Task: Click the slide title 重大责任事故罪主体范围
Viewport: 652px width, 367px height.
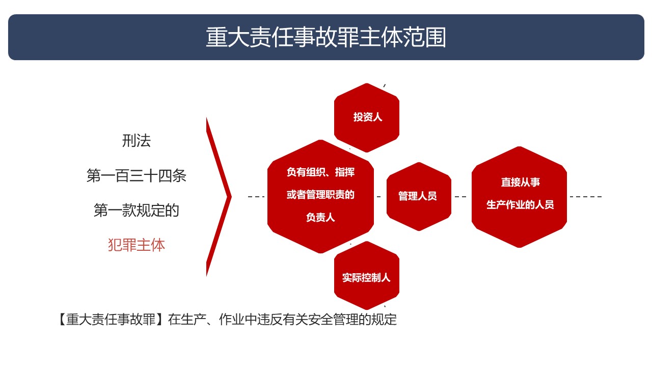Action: click(x=326, y=37)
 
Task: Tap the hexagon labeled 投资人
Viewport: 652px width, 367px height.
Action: click(x=367, y=118)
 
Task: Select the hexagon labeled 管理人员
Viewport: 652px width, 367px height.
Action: click(x=419, y=196)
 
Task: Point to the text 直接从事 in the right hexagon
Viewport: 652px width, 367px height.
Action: click(x=521, y=182)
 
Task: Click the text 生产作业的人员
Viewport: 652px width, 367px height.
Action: click(x=520, y=204)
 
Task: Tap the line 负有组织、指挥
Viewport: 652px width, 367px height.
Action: click(x=320, y=172)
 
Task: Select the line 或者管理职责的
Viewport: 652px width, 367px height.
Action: click(x=320, y=195)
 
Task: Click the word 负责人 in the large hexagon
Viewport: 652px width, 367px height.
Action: click(x=320, y=217)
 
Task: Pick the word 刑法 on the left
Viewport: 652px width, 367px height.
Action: click(x=136, y=141)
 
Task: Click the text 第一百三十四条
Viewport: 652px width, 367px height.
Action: click(x=136, y=176)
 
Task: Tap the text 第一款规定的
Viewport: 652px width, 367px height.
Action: click(x=136, y=211)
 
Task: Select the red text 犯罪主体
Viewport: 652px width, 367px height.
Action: click(x=136, y=245)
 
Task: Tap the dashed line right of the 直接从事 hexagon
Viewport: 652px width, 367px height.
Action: click(x=586, y=197)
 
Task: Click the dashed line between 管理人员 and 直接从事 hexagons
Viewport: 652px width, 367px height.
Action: click(x=460, y=197)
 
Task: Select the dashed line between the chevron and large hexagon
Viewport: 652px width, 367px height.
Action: click(x=256, y=197)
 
